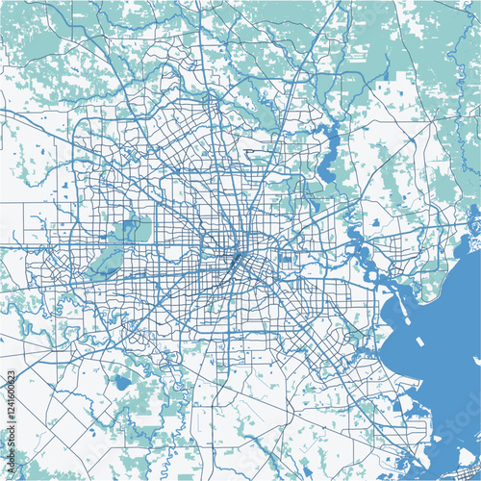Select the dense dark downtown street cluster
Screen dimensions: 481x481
pos(236,261)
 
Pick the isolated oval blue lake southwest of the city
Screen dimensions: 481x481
pos(121,382)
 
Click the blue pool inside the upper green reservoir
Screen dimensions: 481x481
pos(127,229)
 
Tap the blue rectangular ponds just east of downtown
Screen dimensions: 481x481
pos(285,256)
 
